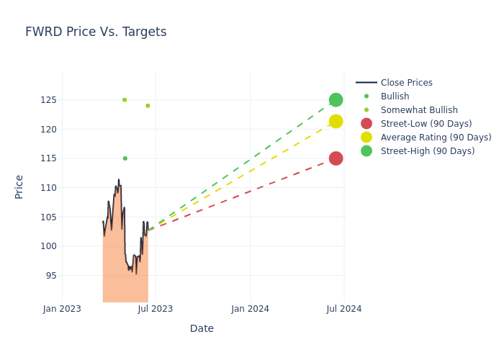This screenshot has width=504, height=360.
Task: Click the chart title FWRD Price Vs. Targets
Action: pos(96,32)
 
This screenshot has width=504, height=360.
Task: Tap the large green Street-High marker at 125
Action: pos(336,100)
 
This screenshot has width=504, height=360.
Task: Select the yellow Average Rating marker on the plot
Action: pos(336,122)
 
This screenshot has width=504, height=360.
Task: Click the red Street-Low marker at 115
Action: pos(336,158)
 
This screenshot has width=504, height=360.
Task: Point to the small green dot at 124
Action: pos(148,106)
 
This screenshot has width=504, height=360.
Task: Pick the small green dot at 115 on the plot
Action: pos(125,158)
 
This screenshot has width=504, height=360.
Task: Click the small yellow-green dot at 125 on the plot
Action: pos(125,100)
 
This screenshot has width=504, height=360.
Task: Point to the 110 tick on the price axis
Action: pos(48,188)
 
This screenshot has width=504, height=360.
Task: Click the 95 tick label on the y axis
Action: pos(50,276)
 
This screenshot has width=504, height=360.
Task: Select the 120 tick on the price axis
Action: pos(48,130)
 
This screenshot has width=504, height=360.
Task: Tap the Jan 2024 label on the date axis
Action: pos(251,309)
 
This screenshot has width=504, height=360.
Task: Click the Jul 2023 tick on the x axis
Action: pos(156,309)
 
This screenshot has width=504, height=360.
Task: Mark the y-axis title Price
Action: pos(19,186)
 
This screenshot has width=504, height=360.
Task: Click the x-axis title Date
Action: pos(202,328)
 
